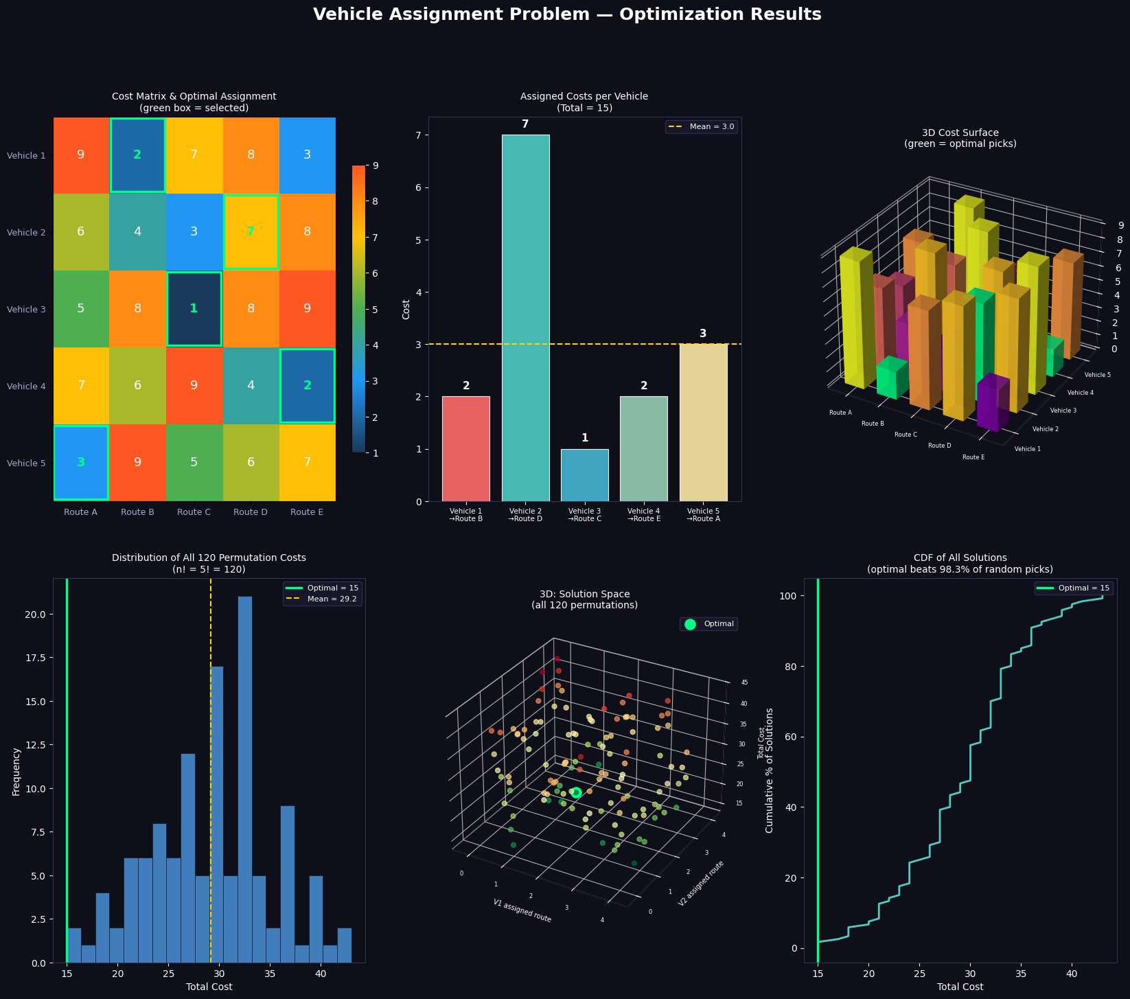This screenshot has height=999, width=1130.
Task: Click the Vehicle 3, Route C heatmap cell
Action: (194, 309)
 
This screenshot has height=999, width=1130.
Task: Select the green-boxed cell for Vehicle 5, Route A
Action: (81, 462)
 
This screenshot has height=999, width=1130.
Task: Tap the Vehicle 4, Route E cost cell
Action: (307, 385)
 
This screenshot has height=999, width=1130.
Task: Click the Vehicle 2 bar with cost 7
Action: (525, 318)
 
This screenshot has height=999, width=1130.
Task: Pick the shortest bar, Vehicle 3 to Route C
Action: (585, 475)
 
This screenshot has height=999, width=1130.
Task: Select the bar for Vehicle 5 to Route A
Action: (703, 422)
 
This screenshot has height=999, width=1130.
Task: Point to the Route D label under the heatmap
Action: (251, 512)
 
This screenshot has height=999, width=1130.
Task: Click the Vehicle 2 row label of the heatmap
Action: (26, 232)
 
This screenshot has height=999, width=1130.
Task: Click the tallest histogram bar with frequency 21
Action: (244, 779)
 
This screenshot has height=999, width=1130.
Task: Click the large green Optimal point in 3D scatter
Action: (576, 793)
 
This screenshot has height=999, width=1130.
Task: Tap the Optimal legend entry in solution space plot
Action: (709, 624)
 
